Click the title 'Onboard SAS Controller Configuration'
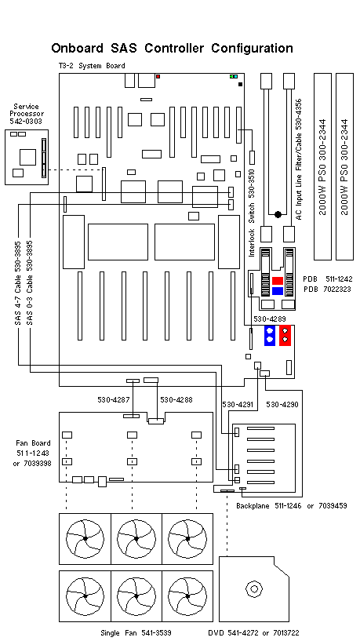(172, 49)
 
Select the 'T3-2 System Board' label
(91, 66)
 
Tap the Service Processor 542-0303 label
(26, 115)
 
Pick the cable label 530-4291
(238, 405)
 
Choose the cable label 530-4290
(282, 405)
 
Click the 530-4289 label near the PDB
(269, 319)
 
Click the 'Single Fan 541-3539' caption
(136, 632)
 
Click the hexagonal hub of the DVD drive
(253, 588)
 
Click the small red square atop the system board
(158, 77)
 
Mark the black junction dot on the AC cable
(277, 213)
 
